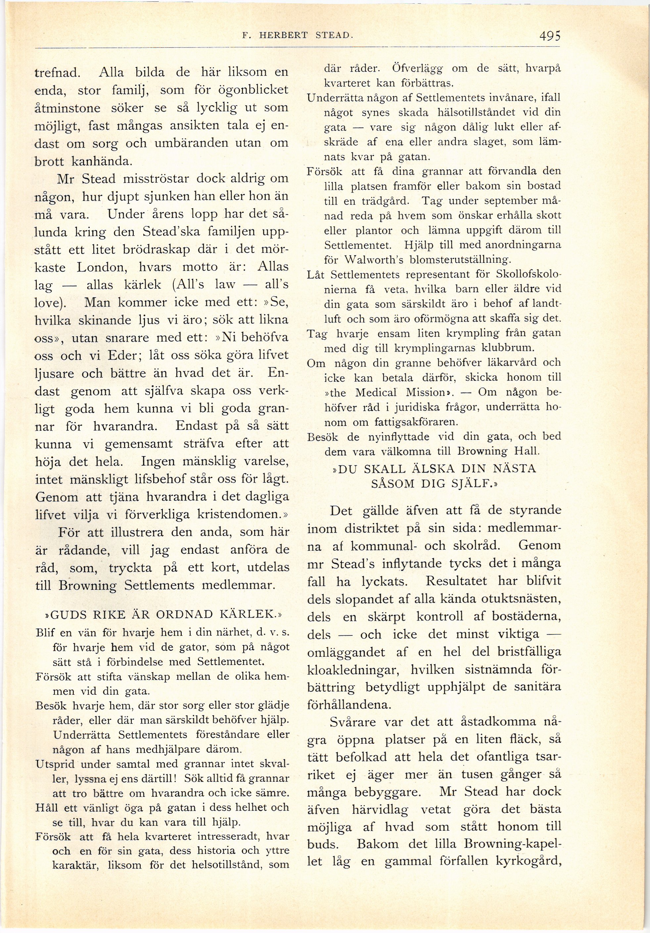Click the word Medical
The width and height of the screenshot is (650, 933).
[375, 393]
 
